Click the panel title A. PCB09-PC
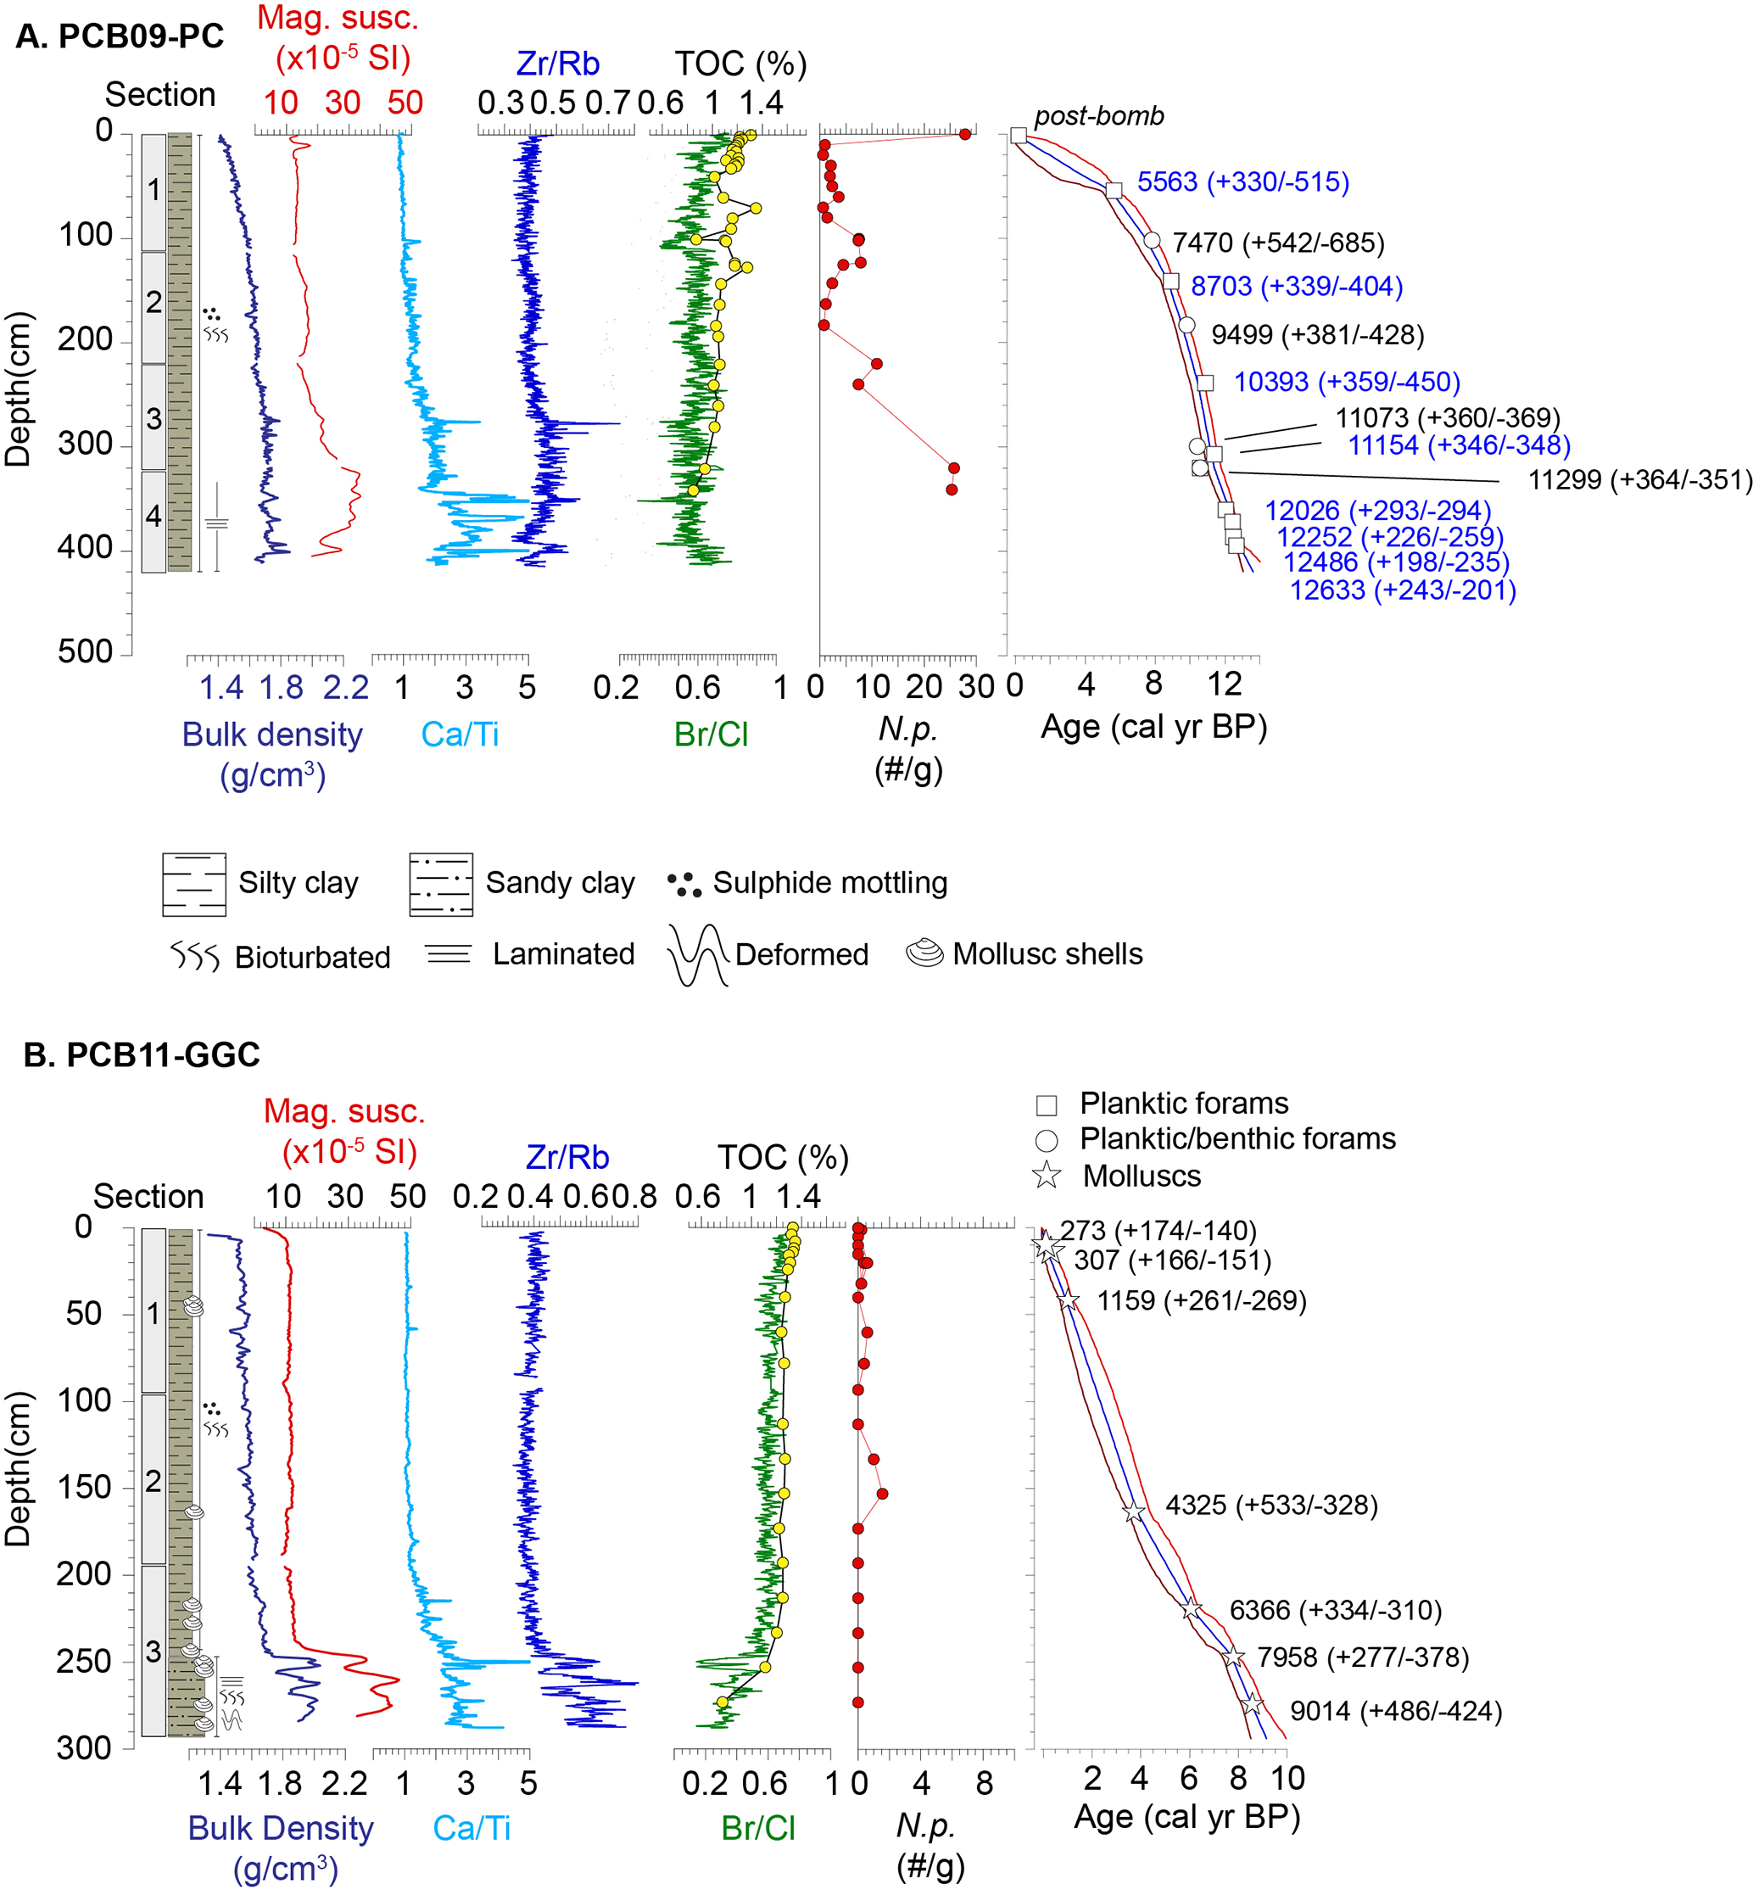[120, 36]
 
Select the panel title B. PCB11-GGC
[142, 1055]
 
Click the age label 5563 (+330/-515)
[1242, 182]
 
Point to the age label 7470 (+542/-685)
[1278, 243]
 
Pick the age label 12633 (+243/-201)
[1402, 590]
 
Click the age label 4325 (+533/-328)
[1271, 1505]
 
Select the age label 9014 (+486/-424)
[1395, 1711]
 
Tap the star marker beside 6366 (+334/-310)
[1192, 1609]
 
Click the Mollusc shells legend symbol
[925, 953]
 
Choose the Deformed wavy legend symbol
[697, 954]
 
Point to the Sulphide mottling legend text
[830, 882]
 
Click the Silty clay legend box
[194, 884]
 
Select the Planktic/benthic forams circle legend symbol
[1047, 1139]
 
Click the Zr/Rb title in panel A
[558, 64]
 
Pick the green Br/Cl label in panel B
[757, 1827]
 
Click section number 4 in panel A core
[154, 516]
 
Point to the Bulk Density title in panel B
[281, 1827]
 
